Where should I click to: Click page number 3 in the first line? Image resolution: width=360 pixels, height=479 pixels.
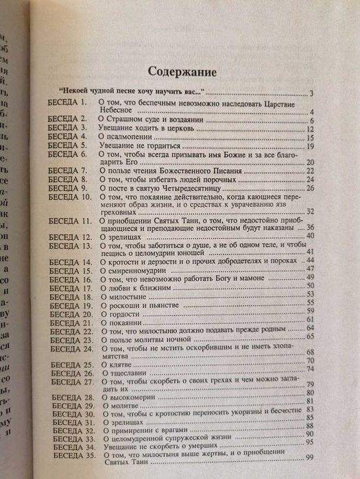point(311,93)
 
